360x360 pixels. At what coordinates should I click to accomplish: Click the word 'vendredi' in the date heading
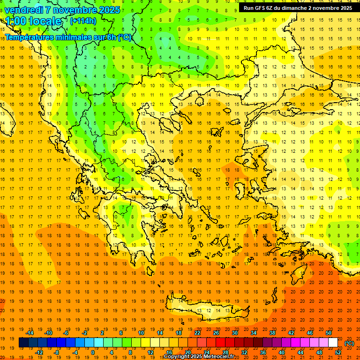tap(24, 10)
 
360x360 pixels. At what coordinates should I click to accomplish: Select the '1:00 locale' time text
tap(33, 21)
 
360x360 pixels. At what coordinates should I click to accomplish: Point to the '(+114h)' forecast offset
tap(83, 21)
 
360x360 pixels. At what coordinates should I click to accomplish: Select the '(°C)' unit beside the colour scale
tap(349, 343)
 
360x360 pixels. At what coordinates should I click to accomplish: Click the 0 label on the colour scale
tap(92, 352)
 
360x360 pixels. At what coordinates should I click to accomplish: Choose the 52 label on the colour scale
tap(338, 352)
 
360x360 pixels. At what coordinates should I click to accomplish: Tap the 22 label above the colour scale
tap(197, 333)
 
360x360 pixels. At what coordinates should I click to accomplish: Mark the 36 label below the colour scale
tap(263, 352)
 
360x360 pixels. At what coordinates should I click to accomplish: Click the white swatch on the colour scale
tap(333, 343)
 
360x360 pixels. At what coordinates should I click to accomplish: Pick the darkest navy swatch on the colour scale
tap(23, 343)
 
